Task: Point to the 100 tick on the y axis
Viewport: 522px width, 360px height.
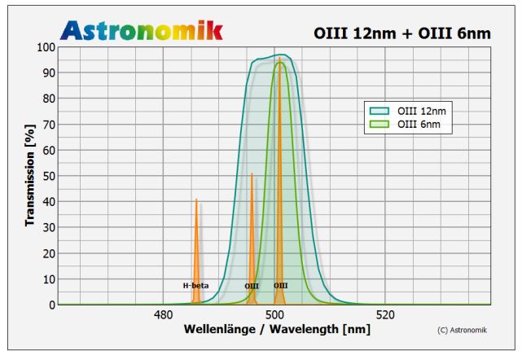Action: [x=45, y=47]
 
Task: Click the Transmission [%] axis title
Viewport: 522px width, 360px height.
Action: [x=29, y=176]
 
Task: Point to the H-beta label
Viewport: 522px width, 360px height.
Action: [x=195, y=286]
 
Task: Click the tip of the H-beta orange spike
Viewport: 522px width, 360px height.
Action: [x=196, y=200]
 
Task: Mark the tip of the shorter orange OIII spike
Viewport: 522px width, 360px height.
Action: [x=252, y=173]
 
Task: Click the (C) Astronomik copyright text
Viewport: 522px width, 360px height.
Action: [x=462, y=330]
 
